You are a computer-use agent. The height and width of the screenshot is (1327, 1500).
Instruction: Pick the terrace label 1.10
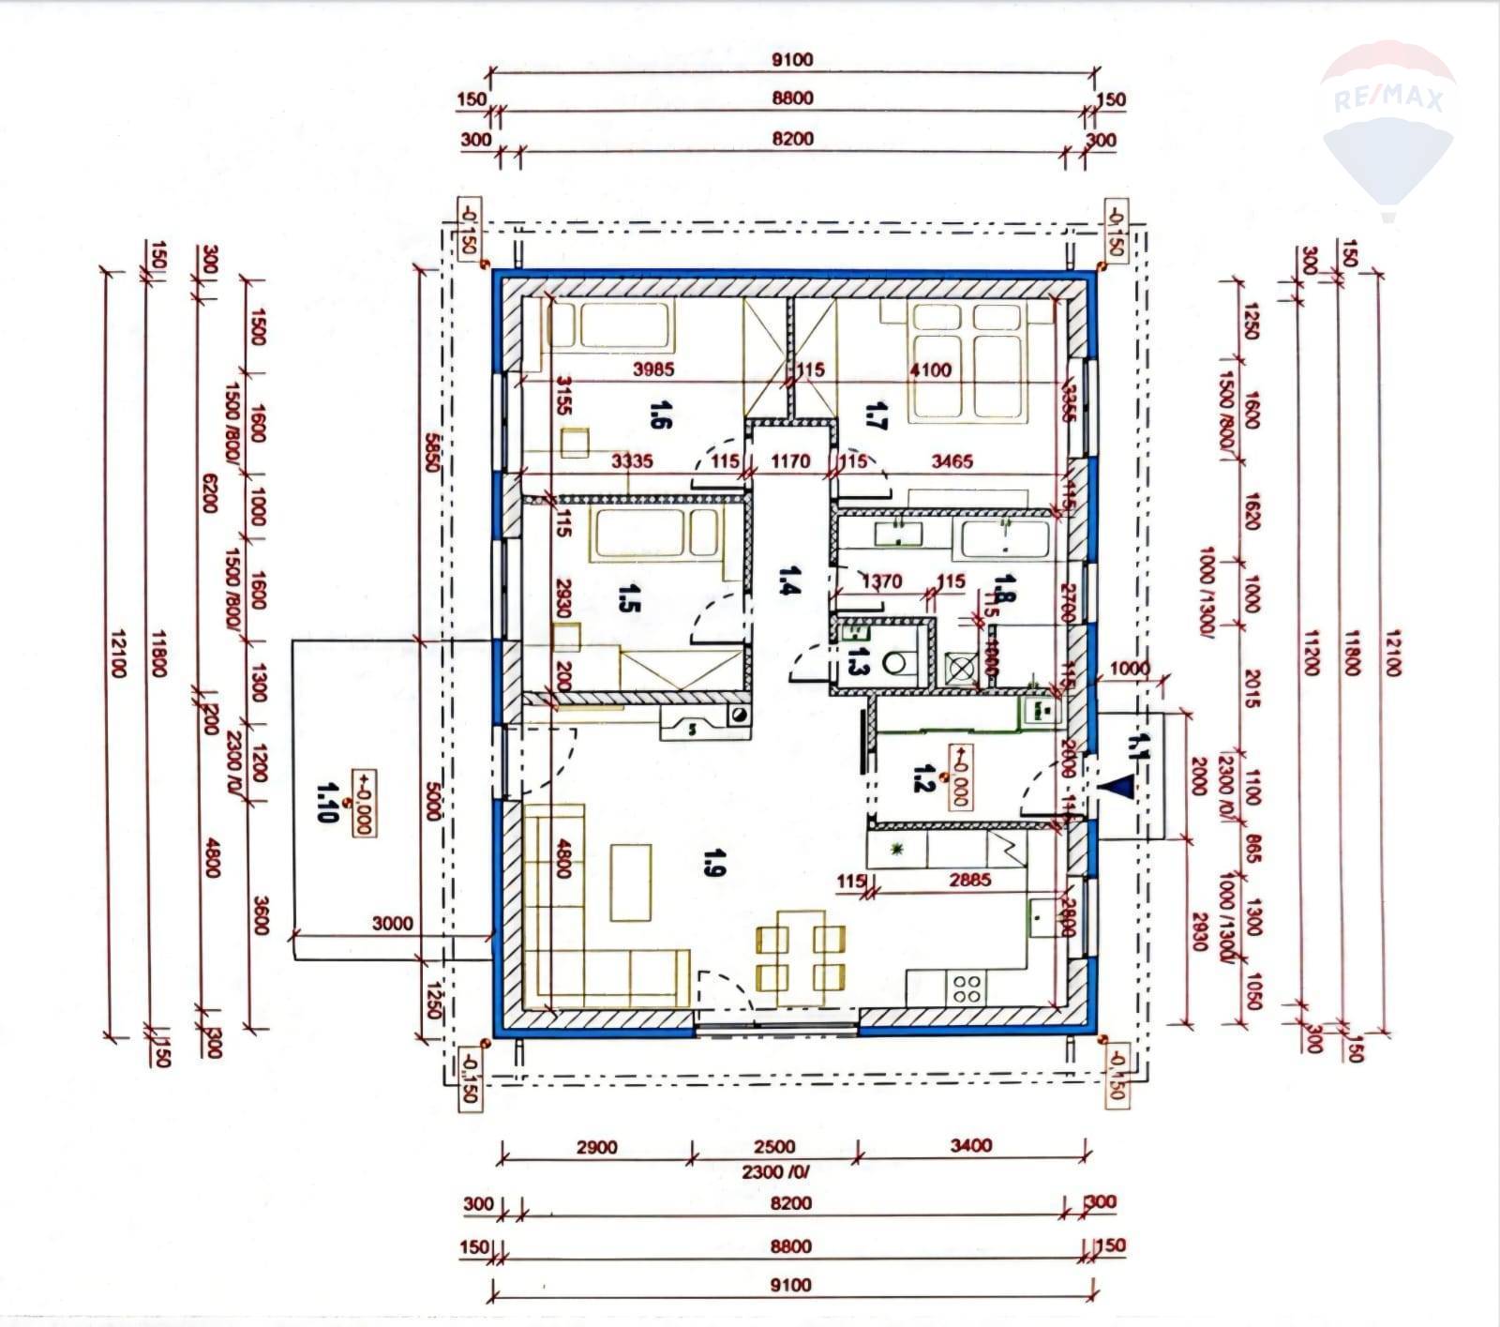pyautogui.click(x=327, y=802)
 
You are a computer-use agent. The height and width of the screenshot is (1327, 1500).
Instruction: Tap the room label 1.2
pyautogui.click(x=922, y=777)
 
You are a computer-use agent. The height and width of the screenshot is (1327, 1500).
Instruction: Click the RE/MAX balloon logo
pyautogui.click(x=1387, y=122)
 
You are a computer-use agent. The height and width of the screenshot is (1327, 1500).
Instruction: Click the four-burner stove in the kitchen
pyautogui.click(x=968, y=988)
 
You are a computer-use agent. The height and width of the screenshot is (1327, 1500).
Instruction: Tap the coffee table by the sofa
pyautogui.click(x=631, y=882)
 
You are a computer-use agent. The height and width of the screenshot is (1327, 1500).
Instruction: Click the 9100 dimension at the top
pyautogui.click(x=793, y=60)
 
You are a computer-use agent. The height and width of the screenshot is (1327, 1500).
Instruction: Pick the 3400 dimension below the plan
pyautogui.click(x=970, y=1145)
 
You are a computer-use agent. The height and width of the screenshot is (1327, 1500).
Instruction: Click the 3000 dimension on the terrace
pyautogui.click(x=392, y=923)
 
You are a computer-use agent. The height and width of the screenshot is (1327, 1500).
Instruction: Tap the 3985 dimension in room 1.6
pyautogui.click(x=653, y=369)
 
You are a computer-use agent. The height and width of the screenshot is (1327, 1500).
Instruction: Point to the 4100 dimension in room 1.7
pyautogui.click(x=930, y=369)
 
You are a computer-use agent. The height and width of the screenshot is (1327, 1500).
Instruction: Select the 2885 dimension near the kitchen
pyautogui.click(x=969, y=881)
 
